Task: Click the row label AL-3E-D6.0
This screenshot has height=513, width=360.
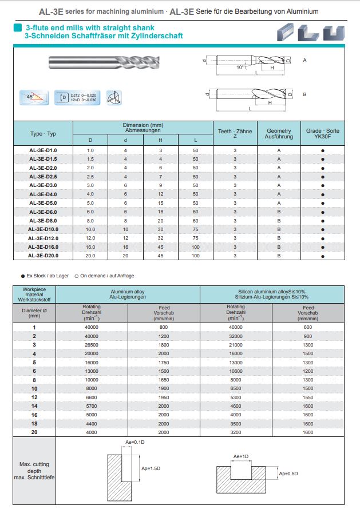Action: pos(43,212)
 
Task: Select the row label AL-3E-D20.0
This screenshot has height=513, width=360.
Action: pos(43,255)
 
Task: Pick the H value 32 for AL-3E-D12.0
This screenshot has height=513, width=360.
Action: pos(160,238)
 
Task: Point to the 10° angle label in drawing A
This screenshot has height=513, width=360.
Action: pos(240,67)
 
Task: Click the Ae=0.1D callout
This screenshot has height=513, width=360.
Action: pos(136,443)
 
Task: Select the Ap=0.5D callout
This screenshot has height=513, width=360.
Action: pos(288,474)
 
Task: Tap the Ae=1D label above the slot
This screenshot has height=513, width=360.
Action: pos(241,456)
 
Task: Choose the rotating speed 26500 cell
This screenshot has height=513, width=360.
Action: pos(92,345)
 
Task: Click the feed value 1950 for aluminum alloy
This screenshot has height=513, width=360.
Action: pos(164,397)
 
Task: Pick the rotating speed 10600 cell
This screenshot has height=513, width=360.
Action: pos(236,371)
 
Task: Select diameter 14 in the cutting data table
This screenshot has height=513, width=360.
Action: pos(34,405)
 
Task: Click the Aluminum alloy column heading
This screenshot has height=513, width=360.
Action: pos(128,294)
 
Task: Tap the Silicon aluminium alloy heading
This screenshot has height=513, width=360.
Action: pos(272,294)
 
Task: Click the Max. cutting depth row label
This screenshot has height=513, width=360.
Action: pos(34,470)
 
